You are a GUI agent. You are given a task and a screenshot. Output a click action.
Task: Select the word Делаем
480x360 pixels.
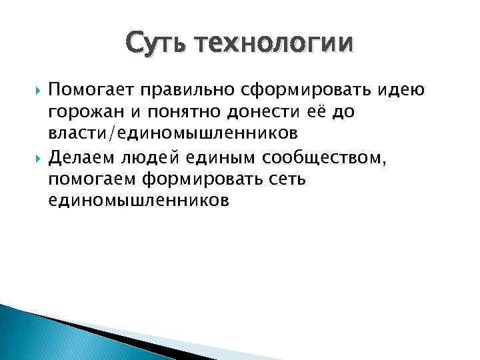pyautogui.click(x=83, y=158)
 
